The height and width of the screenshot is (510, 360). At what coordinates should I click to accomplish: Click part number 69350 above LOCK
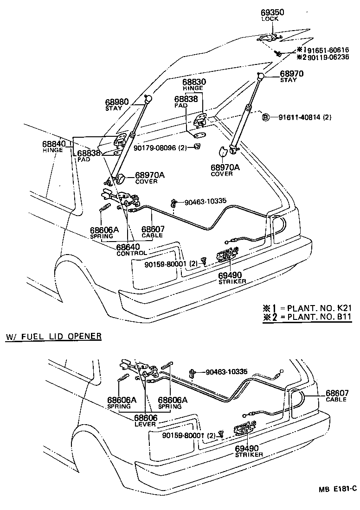click(x=272, y=13)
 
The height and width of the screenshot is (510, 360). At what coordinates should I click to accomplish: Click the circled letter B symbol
click(x=266, y=116)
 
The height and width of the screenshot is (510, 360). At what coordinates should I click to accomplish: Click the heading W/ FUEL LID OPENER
click(x=53, y=336)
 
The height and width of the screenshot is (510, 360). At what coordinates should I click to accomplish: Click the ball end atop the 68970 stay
click(x=261, y=76)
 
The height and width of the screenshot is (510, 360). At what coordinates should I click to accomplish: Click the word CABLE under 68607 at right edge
click(x=336, y=400)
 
